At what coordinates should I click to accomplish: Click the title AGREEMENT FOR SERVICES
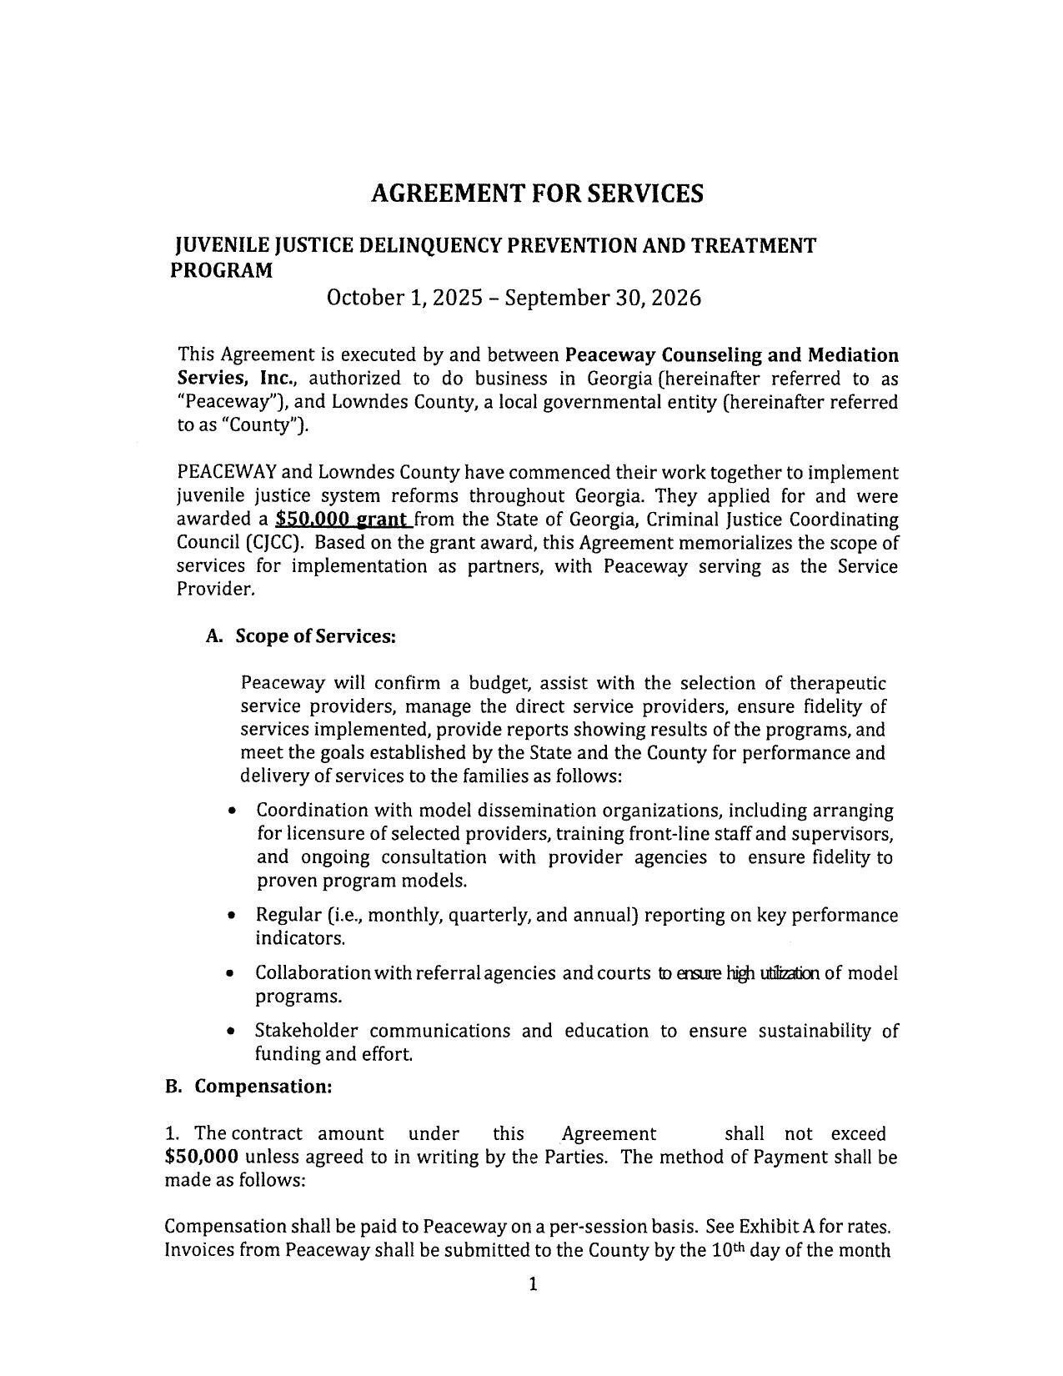(536, 193)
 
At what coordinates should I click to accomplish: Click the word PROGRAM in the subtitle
(222, 271)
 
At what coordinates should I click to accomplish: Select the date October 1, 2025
(404, 298)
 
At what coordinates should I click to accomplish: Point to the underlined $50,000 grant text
(343, 520)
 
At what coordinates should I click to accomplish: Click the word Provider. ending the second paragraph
(215, 589)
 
